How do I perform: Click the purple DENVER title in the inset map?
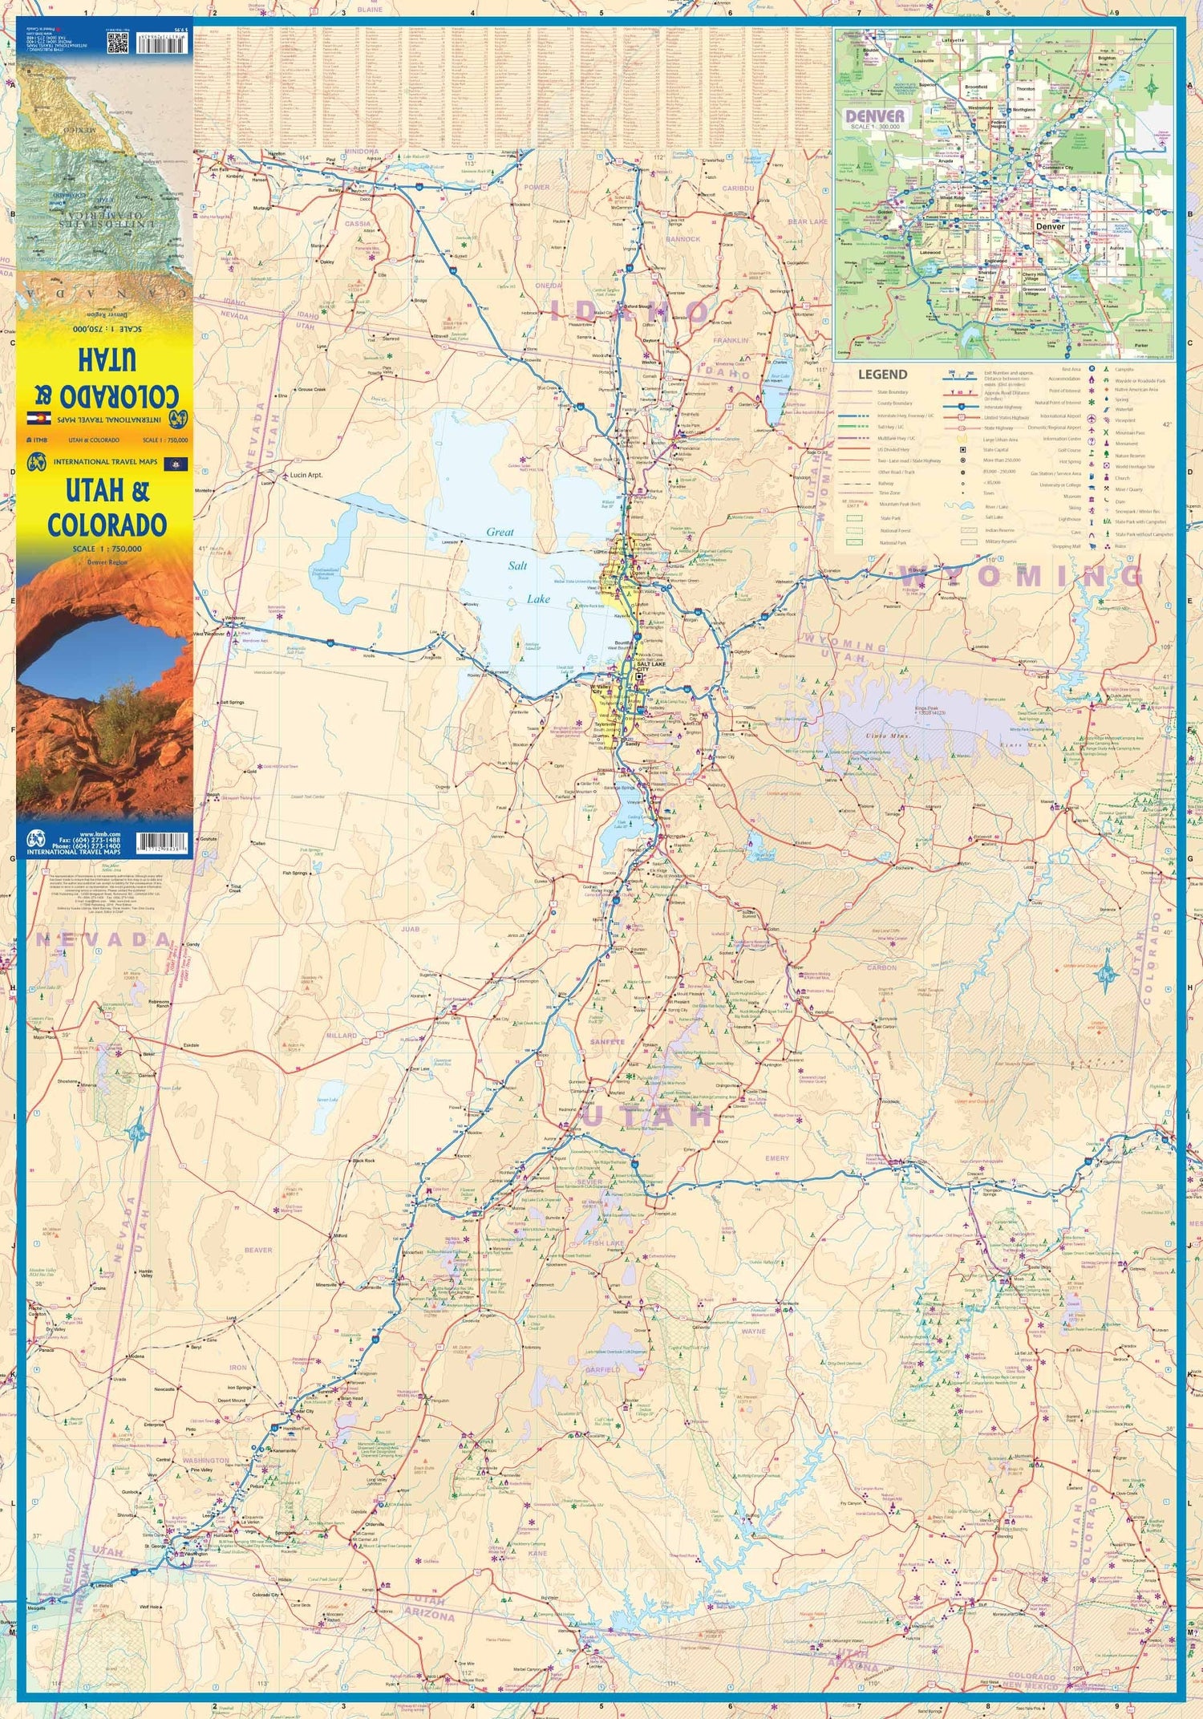875,116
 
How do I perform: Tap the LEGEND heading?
882,375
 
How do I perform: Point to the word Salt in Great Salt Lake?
517,566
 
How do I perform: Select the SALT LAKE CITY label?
650,667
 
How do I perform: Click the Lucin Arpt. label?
306,475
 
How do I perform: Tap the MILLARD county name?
341,1036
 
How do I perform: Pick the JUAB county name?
411,929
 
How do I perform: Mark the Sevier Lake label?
327,1100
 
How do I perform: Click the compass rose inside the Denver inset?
1152,87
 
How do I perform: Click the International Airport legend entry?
1060,416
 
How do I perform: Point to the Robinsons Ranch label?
158,1004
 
